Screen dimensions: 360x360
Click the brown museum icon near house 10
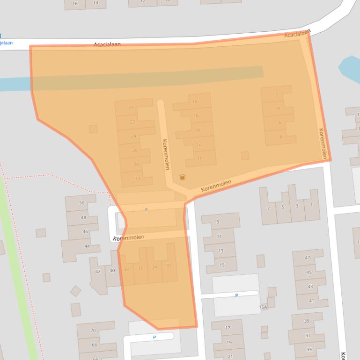coord(182,177)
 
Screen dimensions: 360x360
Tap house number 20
coord(132,108)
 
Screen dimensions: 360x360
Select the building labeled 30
coord(137,179)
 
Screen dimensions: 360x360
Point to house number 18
coord(195,101)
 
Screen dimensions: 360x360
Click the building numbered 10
coord(200,158)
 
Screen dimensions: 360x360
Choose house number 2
coord(277,94)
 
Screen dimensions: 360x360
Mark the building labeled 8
coord(281,137)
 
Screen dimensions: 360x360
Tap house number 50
coord(82,203)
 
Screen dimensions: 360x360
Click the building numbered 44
coord(87,246)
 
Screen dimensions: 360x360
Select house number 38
coord(126,269)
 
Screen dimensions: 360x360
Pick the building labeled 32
coord(169,266)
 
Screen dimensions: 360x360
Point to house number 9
coord(218,222)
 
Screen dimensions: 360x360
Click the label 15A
coord(263,307)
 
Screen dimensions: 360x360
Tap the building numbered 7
coord(269,208)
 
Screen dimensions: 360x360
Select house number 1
coord(311,204)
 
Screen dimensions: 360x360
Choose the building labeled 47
coord(308,258)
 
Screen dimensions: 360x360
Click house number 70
coord(93,331)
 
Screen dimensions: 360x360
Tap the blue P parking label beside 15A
coord(236,295)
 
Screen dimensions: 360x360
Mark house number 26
coord(135,150)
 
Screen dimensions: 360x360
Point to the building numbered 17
coord(228,328)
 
